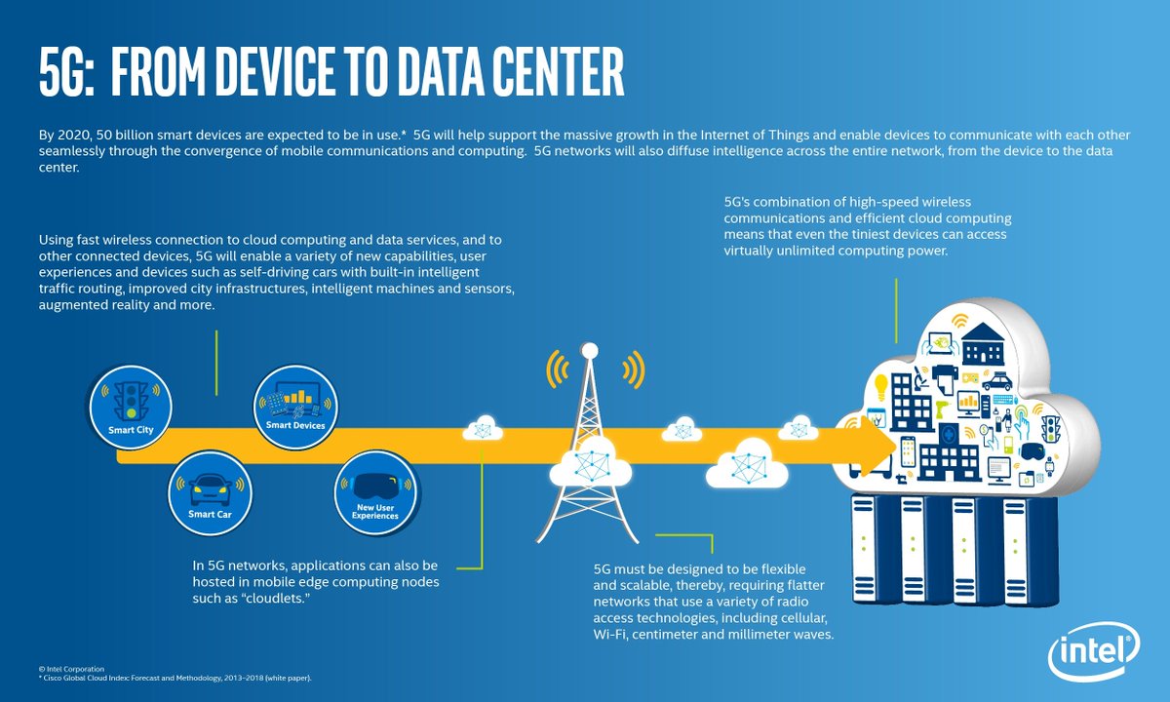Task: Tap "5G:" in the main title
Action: [x=67, y=71]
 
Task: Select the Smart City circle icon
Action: [x=131, y=407]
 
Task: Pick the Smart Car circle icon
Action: [x=210, y=493]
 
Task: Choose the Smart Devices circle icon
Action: [x=295, y=407]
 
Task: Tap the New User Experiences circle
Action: [x=375, y=492]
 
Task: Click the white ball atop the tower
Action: [x=590, y=350]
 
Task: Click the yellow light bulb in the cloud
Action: [x=881, y=387]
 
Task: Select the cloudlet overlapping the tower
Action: [x=590, y=462]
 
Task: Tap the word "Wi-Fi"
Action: [x=609, y=635]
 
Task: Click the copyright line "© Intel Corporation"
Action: [x=71, y=669]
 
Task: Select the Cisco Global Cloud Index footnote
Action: [x=175, y=678]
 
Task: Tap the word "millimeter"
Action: [x=773, y=635]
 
